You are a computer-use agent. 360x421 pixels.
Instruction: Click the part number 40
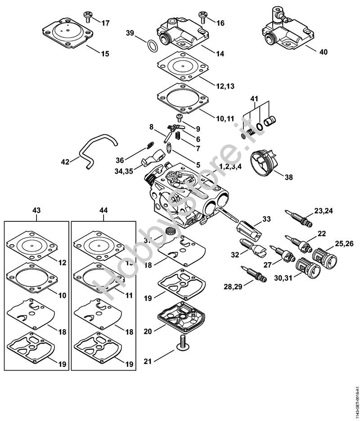pyautogui.click(x=323, y=52)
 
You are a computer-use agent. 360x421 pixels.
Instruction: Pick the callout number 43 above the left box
pyautogui.click(x=36, y=210)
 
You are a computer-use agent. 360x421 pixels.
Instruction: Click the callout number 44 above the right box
pyautogui.click(x=103, y=210)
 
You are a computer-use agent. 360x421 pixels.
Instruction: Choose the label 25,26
pyautogui.click(x=345, y=244)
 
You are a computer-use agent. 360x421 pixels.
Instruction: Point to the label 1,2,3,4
pyautogui.click(x=230, y=166)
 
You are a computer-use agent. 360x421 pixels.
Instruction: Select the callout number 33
pyautogui.click(x=266, y=219)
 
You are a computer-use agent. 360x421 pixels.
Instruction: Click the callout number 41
pyautogui.click(x=254, y=98)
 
